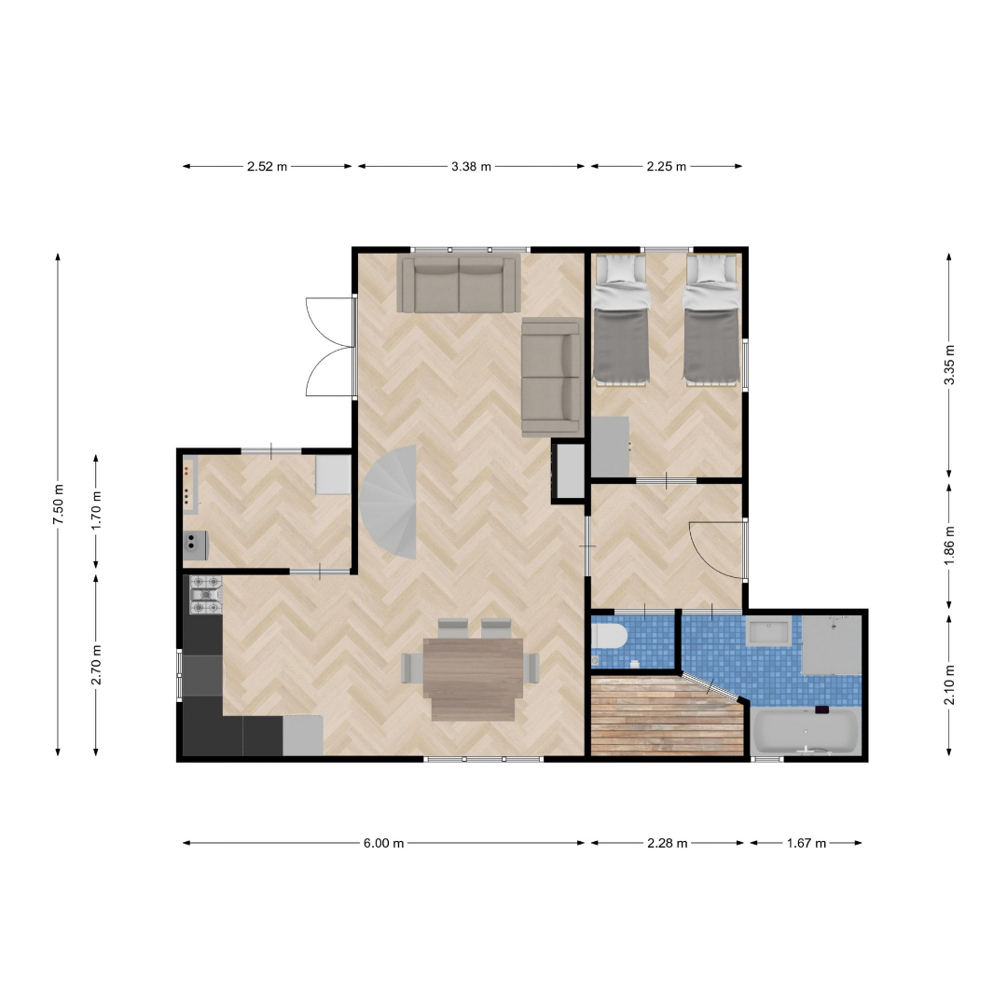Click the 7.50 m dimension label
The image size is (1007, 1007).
tap(58, 503)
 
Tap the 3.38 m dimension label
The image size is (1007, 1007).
tap(471, 166)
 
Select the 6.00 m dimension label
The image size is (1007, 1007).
tap(383, 843)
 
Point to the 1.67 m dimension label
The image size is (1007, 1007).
tap(806, 843)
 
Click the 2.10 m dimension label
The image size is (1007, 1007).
tap(949, 684)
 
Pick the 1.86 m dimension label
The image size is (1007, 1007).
tap(949, 545)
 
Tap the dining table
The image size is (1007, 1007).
tap(474, 679)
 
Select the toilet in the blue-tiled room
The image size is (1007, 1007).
tap(609, 638)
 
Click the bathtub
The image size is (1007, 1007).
tap(806, 731)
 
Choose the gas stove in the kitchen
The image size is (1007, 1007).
tap(205, 594)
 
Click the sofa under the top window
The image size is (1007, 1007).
tap(459, 283)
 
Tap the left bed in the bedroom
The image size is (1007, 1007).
tap(620, 321)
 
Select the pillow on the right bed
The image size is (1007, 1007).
tap(710, 269)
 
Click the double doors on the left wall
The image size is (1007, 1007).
tap(330, 347)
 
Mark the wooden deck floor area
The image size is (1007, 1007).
tap(667, 714)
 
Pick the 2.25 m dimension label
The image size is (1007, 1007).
tap(666, 166)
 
